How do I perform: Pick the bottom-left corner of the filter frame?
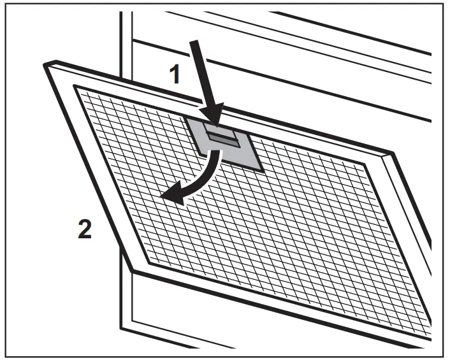[x=131, y=270]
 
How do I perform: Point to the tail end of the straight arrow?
[x=195, y=41]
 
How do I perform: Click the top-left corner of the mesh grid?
[x=75, y=85]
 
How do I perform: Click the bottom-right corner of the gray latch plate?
[x=262, y=171]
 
